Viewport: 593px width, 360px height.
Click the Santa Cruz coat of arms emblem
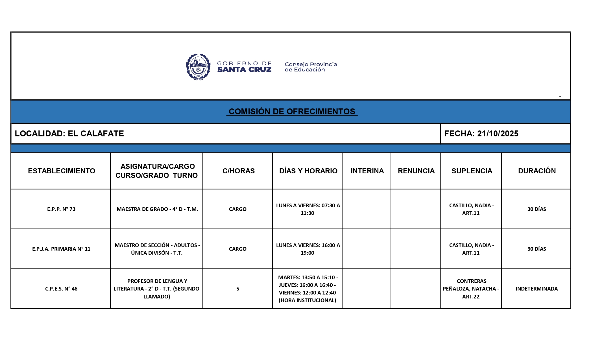click(198, 67)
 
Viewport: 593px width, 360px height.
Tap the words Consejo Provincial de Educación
click(311, 67)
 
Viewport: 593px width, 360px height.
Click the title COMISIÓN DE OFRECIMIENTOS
click(292, 112)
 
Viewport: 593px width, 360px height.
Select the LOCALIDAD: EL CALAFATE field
click(69, 134)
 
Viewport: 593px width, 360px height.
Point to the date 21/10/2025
click(498, 134)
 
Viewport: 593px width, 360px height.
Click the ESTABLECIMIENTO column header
click(61, 171)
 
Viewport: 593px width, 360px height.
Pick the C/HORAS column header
click(238, 171)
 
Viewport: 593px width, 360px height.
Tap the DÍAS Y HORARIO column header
click(308, 171)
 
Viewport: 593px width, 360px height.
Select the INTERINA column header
click(367, 171)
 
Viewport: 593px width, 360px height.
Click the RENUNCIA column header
click(416, 171)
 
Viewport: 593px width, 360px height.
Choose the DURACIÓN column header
click(537, 171)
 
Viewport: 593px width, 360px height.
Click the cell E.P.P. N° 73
click(61, 209)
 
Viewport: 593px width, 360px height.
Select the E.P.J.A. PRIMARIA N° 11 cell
click(61, 249)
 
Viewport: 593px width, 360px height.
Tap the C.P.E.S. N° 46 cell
click(61, 289)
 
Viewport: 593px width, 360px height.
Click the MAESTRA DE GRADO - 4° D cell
click(157, 209)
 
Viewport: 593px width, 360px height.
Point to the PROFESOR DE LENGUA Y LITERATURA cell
click(157, 289)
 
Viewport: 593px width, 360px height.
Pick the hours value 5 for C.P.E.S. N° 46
click(238, 289)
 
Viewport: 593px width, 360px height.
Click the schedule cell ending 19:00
click(308, 249)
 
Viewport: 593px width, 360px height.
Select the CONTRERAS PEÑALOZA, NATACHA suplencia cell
click(471, 289)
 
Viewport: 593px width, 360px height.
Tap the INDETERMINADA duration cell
click(537, 289)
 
